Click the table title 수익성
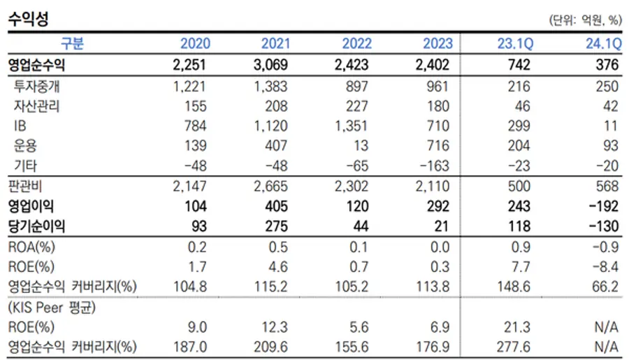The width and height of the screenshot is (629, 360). [28, 18]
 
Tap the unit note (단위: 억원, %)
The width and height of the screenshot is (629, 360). [585, 20]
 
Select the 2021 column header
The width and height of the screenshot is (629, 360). [275, 43]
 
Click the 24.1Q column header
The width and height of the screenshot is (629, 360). [604, 43]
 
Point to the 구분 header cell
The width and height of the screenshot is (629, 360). [72, 43]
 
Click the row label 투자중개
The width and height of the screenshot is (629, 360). [36, 86]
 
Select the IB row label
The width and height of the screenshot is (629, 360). [20, 126]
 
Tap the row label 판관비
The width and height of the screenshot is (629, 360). [25, 186]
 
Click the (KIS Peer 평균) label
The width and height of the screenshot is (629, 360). [52, 308]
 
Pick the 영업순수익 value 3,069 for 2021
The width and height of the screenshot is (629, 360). [270, 64]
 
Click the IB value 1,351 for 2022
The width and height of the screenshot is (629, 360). [351, 126]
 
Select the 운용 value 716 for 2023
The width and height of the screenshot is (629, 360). [438, 145]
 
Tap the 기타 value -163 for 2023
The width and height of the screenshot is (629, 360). [435, 166]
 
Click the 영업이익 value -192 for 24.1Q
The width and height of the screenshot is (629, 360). [604, 206]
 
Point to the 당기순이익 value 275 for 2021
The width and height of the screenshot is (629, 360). [276, 226]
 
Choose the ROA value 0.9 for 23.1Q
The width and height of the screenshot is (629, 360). [521, 247]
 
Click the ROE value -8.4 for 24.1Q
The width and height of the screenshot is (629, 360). [605, 267]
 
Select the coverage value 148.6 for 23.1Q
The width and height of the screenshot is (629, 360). [514, 287]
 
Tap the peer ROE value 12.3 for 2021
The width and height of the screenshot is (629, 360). [275, 327]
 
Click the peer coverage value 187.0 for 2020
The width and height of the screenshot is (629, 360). [190, 347]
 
